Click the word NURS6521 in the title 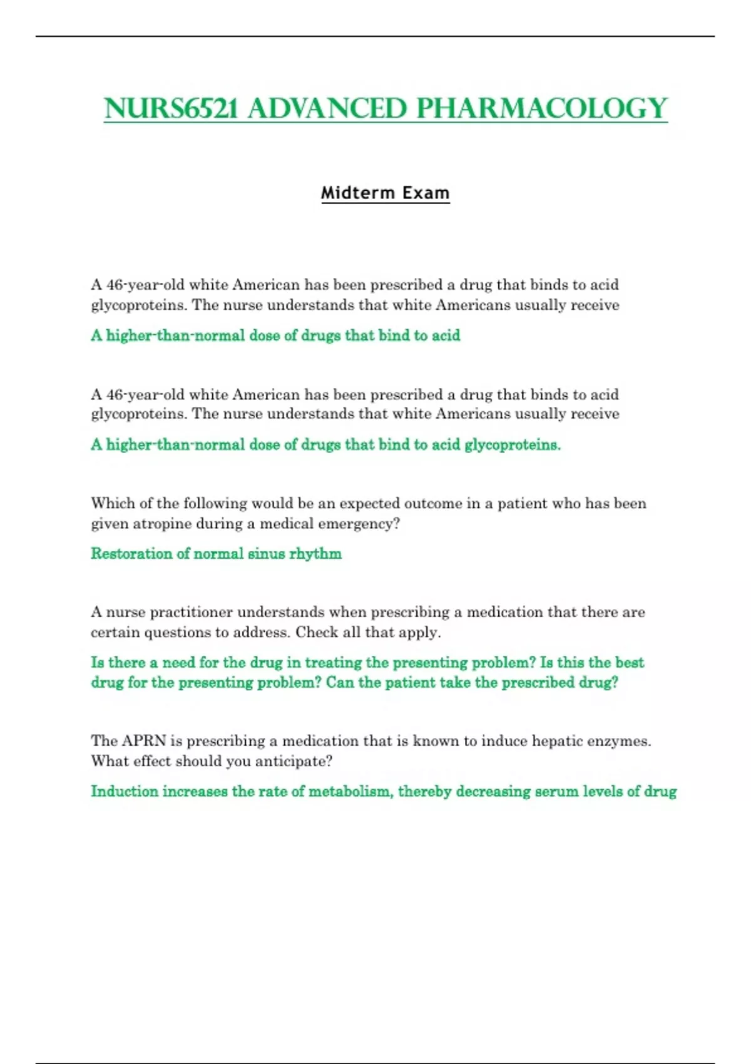click(x=171, y=108)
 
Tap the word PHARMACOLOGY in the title click(x=542, y=108)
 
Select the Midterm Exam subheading click(x=385, y=193)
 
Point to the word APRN click(x=143, y=741)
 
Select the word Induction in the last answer click(x=125, y=792)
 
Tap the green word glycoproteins click(x=512, y=445)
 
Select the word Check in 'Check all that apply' click(x=316, y=632)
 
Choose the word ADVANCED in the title click(x=327, y=108)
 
